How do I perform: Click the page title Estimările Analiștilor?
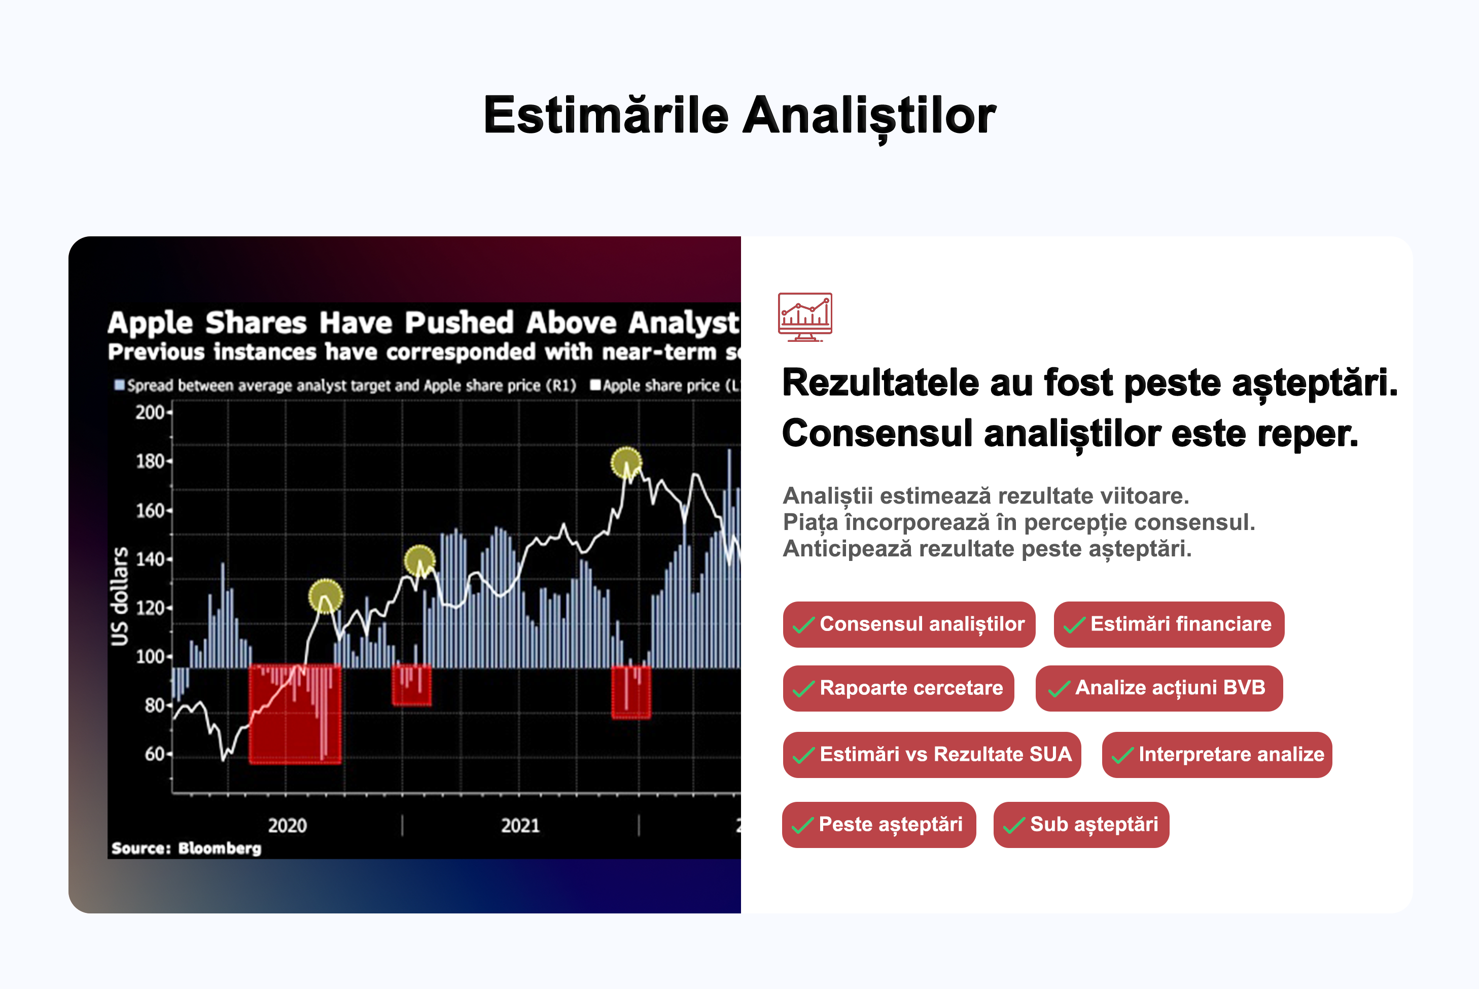pos(739,116)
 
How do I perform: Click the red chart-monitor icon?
pos(805,316)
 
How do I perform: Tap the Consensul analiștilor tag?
pos(909,624)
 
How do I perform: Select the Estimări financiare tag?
pos(1169,624)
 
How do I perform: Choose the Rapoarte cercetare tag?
pos(898,688)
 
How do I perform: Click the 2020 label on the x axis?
pos(288,826)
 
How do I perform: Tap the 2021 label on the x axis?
pos(520,826)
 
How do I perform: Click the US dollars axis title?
pos(119,596)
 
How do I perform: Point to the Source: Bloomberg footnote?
pos(186,849)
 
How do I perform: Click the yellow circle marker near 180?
pos(626,463)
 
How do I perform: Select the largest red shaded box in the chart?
pos(295,714)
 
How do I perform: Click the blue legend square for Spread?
pos(119,385)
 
